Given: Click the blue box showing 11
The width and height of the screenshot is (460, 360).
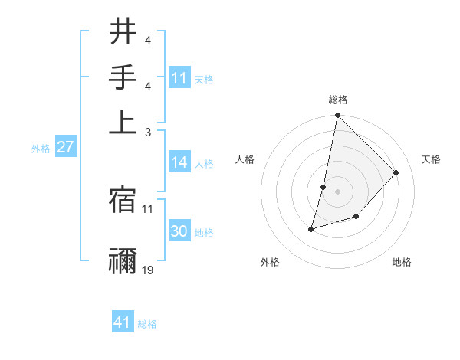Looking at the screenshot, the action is (x=179, y=78).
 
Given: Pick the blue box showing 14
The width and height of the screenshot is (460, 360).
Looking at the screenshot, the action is (x=179, y=162).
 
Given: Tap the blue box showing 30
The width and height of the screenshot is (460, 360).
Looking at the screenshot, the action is (x=179, y=231).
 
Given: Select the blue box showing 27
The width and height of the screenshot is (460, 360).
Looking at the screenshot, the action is (x=65, y=147).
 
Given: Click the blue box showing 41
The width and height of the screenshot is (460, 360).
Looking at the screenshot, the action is (x=123, y=322).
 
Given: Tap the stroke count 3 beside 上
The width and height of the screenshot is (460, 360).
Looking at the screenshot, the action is (x=148, y=133).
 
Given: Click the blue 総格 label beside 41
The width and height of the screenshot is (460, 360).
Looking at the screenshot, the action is (x=147, y=324).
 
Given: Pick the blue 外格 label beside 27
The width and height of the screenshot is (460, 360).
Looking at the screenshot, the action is (x=41, y=149).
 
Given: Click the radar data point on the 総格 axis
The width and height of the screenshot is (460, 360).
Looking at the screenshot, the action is (x=337, y=116).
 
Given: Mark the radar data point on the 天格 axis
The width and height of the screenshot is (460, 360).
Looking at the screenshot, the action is (x=396, y=173).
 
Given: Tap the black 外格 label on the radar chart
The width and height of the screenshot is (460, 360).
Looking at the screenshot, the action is (x=270, y=263).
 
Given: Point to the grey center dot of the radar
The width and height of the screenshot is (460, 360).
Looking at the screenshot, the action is (x=337, y=190).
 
